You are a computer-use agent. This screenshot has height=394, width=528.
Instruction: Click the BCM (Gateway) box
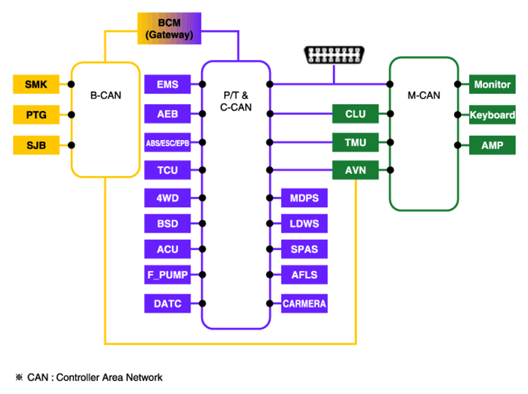click(169, 28)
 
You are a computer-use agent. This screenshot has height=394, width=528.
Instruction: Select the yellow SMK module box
click(36, 84)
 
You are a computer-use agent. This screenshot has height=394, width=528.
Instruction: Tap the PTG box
click(36, 114)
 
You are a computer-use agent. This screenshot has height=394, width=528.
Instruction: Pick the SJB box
click(36, 145)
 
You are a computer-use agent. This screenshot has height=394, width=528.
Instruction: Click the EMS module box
click(167, 84)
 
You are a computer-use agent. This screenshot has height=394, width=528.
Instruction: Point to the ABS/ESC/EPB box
click(167, 142)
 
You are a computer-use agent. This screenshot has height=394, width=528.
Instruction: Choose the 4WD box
click(167, 198)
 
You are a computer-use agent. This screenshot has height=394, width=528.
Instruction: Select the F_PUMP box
click(167, 275)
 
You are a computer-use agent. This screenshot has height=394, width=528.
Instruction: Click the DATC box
click(167, 303)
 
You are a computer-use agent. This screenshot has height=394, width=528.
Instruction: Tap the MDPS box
click(304, 198)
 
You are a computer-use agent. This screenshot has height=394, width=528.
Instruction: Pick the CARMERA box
click(304, 303)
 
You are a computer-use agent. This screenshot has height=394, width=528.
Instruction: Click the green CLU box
click(355, 114)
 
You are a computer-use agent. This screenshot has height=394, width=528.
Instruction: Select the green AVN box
click(355, 170)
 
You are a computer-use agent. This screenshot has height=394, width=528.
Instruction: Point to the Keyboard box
click(492, 115)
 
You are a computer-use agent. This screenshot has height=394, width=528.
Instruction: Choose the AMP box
click(492, 145)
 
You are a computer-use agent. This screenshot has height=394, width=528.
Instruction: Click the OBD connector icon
click(334, 55)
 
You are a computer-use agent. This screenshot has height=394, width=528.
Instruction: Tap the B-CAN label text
click(106, 95)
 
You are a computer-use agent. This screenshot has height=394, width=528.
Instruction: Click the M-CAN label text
click(424, 95)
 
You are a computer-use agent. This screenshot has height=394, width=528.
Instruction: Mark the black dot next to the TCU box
click(202, 170)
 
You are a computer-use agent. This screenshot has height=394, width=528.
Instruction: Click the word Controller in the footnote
click(78, 378)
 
